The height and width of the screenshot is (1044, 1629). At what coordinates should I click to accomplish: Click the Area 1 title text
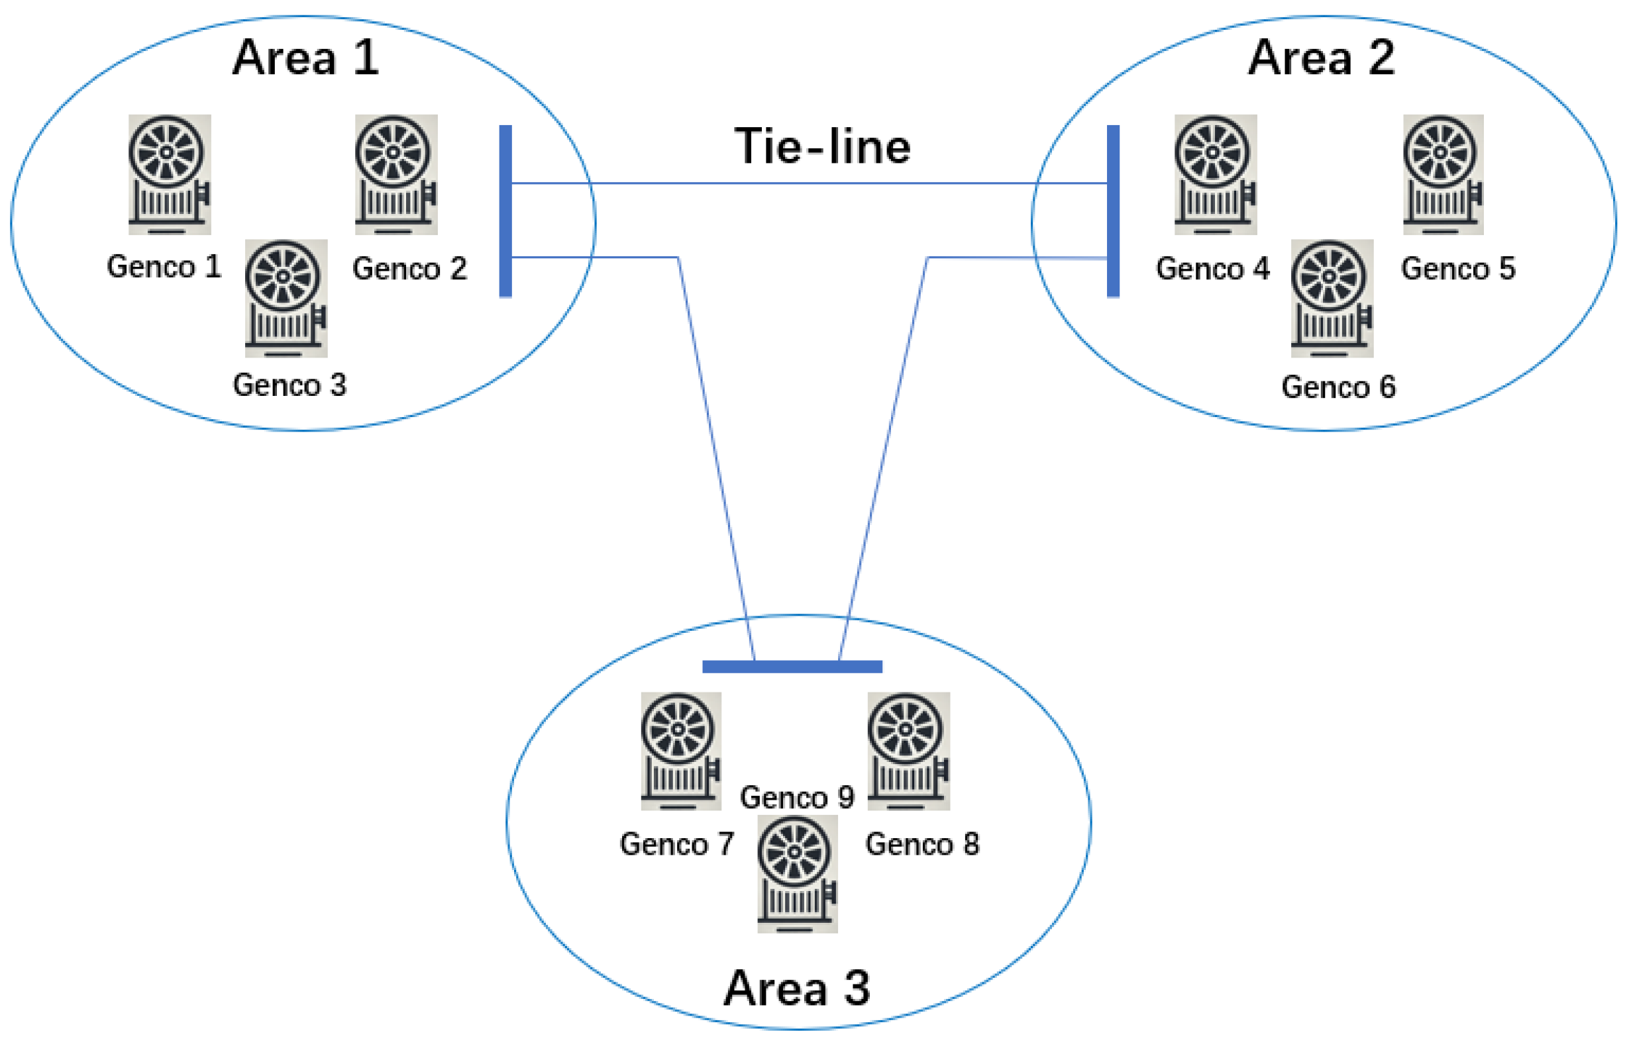[305, 58]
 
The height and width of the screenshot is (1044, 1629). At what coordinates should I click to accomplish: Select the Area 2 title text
[1321, 58]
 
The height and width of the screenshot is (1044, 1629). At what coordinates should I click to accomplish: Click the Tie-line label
[822, 146]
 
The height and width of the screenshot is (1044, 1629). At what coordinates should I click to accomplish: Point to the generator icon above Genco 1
[170, 174]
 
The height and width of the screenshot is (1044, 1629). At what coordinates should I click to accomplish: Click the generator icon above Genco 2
[396, 174]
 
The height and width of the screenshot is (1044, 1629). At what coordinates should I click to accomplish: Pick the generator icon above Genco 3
[286, 299]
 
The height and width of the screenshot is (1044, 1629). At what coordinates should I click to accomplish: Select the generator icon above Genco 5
[1442, 174]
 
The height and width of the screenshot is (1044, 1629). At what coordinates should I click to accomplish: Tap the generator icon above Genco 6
[1332, 299]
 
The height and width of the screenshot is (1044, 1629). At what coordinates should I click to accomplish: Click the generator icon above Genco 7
[681, 751]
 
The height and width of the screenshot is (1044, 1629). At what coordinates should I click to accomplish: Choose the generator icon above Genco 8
[908, 751]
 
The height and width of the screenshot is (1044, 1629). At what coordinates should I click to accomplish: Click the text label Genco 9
[797, 798]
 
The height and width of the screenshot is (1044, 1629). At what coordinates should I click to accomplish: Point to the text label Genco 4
[1212, 269]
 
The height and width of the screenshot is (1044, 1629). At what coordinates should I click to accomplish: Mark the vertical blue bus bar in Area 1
[505, 211]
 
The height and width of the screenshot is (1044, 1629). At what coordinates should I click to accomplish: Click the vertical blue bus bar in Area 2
[1113, 211]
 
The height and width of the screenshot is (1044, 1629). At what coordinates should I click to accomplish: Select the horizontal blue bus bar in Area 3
[792, 667]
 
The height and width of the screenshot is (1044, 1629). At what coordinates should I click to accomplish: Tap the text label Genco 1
[164, 267]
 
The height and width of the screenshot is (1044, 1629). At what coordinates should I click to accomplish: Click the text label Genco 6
[1338, 388]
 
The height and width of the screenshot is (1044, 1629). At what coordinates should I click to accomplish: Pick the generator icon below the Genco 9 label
[797, 875]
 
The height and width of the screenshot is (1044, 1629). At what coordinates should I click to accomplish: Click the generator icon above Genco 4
[1216, 174]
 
